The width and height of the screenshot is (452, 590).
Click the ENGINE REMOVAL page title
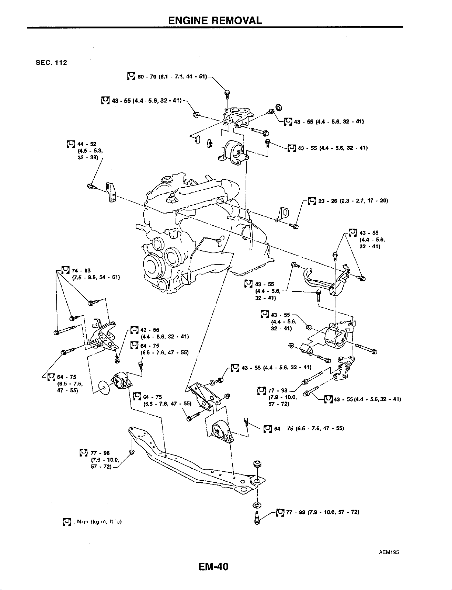[x=215, y=20]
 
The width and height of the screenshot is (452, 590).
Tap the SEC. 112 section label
[x=52, y=63]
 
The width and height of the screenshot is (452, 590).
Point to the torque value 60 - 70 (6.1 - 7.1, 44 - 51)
[x=172, y=77]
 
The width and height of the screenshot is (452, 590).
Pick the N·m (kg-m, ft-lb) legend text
[x=99, y=522]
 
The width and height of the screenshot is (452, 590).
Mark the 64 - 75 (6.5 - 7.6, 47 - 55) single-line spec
[x=309, y=428]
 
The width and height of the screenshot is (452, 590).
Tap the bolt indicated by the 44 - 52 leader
[x=91, y=186]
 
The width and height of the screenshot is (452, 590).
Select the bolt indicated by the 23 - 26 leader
[x=294, y=226]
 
